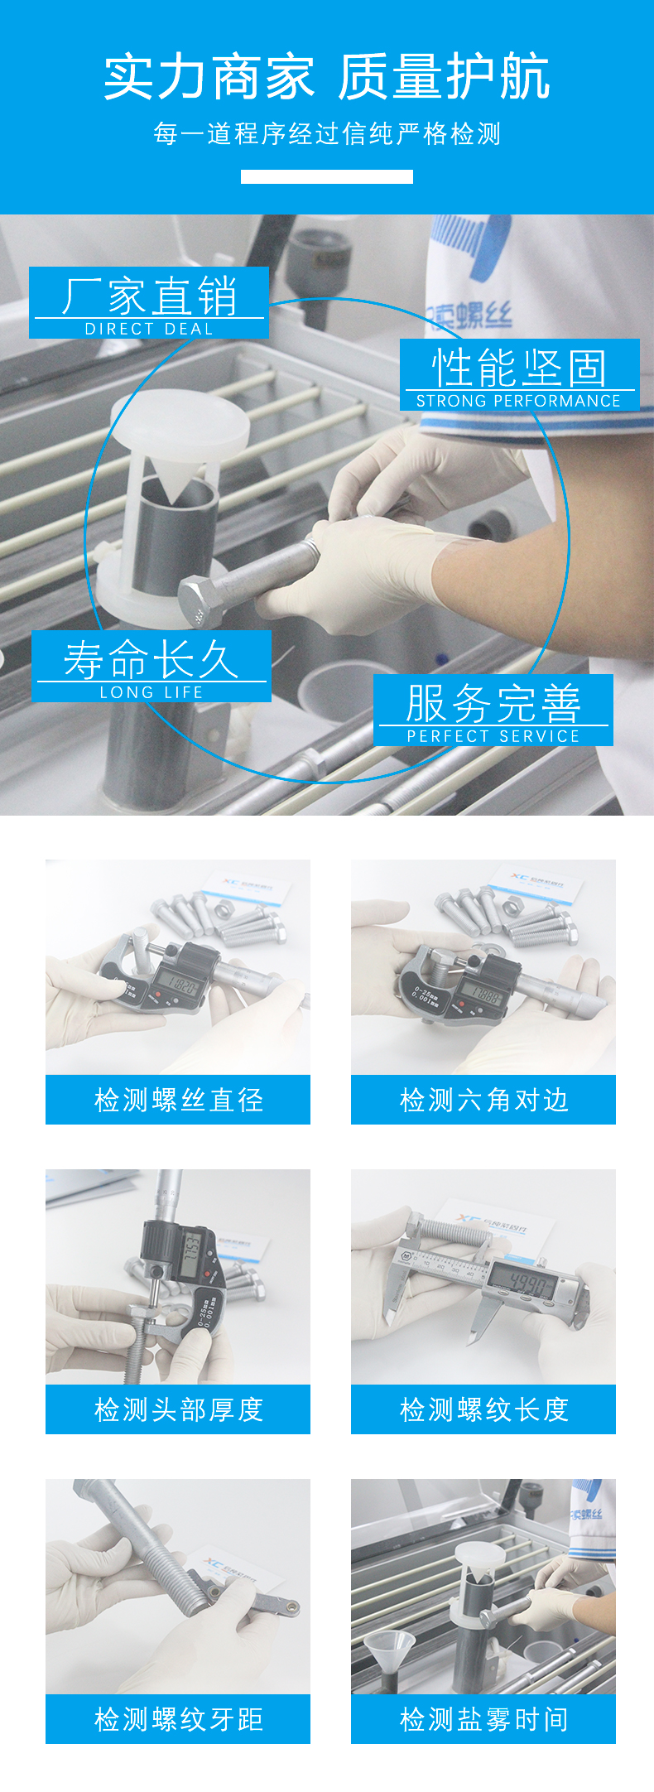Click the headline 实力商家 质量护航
pyautogui.click(x=327, y=77)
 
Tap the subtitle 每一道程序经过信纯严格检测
pyautogui.click(x=327, y=133)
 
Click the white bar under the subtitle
pyautogui.click(x=327, y=176)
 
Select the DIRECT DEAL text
pyautogui.click(x=149, y=329)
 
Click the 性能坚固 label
pyautogui.click(x=519, y=368)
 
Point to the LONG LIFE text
pyautogui.click(x=151, y=692)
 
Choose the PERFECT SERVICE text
pyautogui.click(x=493, y=736)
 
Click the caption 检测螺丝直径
pyautogui.click(x=178, y=1100)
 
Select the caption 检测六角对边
pyautogui.click(x=483, y=1100)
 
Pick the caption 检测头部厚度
pyautogui.click(x=178, y=1409)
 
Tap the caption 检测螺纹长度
pyautogui.click(x=483, y=1409)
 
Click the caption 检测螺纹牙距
pyautogui.click(x=178, y=1719)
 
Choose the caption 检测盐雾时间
pyautogui.click(x=483, y=1719)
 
